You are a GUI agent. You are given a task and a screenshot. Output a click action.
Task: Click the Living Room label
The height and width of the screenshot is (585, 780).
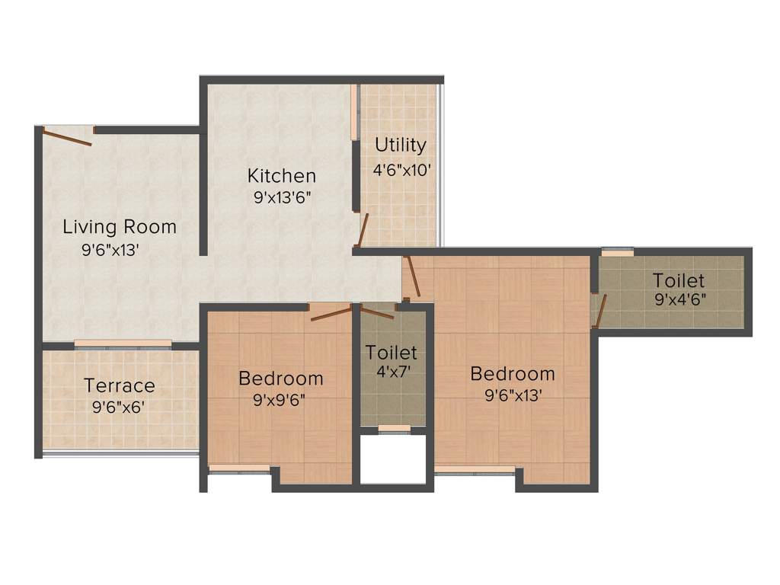tap(120, 226)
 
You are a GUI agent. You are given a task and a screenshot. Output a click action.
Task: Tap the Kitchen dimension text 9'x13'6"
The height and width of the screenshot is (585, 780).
tap(281, 196)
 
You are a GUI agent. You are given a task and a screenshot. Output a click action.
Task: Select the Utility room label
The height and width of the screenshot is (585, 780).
tap(400, 145)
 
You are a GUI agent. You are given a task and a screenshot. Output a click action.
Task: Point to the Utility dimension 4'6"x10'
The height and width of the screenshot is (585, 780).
tap(402, 169)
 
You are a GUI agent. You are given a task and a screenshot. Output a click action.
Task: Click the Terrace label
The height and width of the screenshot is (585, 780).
tap(120, 385)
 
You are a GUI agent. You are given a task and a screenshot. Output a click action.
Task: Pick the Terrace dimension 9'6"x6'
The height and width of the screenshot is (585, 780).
tap(119, 408)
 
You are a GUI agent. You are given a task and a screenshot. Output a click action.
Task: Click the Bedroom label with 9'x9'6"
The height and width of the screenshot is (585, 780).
tap(280, 378)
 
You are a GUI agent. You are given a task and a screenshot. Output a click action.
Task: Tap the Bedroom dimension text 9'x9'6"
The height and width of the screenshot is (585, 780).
tap(280, 400)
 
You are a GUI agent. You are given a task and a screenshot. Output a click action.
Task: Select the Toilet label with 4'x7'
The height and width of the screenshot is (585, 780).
tap(392, 353)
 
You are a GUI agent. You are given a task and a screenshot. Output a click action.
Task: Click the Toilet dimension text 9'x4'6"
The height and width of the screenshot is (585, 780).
tap(680, 299)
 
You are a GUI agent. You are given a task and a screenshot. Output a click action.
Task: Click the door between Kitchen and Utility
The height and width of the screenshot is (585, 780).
tap(363, 231)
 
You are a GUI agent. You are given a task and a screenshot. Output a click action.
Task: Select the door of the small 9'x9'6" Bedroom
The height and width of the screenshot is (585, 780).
tap(331, 312)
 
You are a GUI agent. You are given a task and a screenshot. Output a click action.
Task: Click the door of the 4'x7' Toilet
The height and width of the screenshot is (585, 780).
tap(376, 311)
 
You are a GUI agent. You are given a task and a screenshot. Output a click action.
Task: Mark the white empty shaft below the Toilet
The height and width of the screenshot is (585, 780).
tap(392, 459)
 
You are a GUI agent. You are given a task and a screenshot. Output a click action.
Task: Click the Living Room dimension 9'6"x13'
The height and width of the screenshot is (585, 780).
tap(110, 250)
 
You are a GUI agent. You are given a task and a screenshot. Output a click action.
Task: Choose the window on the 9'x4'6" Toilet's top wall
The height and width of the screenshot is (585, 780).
tap(617, 251)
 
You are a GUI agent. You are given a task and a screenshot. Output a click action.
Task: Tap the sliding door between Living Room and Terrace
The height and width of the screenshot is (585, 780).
tap(123, 344)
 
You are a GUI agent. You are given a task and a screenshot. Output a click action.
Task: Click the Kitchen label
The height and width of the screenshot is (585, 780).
tap(281, 176)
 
